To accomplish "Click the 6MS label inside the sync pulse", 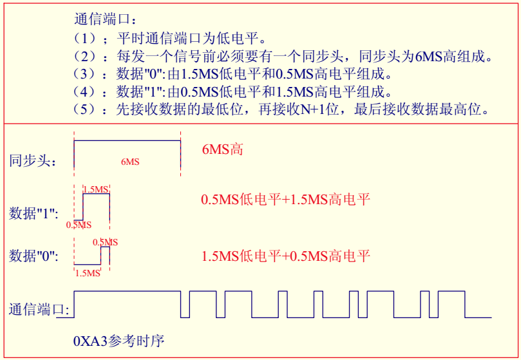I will click(x=130, y=162).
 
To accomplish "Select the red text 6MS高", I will click(x=223, y=150).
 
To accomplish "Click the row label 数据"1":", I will click(x=33, y=213).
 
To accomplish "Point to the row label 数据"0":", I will click(x=33, y=256).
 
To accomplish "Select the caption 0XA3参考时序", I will click(x=118, y=340).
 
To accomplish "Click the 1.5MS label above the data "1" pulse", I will click(x=97, y=189).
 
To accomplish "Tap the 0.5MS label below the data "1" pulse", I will click(x=79, y=225).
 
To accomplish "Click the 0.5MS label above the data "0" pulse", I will click(x=105, y=242).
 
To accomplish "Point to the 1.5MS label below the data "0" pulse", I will click(x=88, y=273).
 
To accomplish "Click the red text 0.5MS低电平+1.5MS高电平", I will click(x=286, y=200).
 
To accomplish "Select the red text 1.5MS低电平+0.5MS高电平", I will click(x=286, y=256).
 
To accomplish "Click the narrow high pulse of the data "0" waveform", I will click(x=105, y=256).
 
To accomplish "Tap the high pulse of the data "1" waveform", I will click(x=97, y=206).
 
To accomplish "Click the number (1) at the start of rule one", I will click(x=84, y=38).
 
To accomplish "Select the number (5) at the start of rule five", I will click(x=84, y=109).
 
